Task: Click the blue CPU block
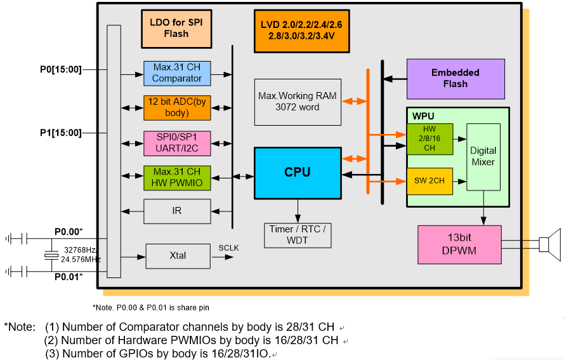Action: [297, 173]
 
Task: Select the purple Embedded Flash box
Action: [456, 78]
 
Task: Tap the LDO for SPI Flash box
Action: [176, 29]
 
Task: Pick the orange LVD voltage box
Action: [301, 30]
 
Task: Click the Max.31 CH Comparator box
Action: [177, 72]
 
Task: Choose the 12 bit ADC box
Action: [177, 107]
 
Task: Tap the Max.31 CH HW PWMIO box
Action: [177, 177]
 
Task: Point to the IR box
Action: [177, 211]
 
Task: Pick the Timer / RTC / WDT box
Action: [297, 235]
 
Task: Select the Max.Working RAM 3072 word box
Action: [297, 102]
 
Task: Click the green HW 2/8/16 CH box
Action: [430, 139]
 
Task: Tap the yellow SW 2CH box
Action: [430, 181]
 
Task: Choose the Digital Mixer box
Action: [483, 157]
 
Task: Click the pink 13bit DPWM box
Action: [459, 244]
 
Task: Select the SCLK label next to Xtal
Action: [228, 248]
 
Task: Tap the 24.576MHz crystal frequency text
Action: [81, 259]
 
